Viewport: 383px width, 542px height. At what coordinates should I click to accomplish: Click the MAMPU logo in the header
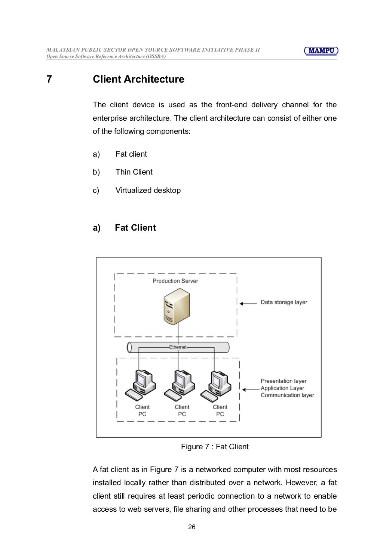[x=321, y=51]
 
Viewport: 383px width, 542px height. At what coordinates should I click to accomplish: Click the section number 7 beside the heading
[x=49, y=79]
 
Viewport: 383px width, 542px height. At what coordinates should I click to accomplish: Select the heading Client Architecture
[x=138, y=79]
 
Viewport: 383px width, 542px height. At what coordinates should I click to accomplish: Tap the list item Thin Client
[x=134, y=172]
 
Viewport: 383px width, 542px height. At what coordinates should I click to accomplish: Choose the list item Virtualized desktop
[x=148, y=190]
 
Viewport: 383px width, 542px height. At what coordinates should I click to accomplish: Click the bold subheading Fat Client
[x=135, y=228]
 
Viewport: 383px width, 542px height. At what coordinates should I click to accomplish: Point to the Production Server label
[x=175, y=281]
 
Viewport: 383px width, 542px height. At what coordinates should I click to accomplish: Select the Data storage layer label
[x=284, y=302]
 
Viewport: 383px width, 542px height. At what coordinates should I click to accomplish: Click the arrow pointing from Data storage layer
[x=248, y=303]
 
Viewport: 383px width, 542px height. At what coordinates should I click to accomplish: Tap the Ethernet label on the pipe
[x=178, y=347]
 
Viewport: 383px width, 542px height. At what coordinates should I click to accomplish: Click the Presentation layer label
[x=284, y=381]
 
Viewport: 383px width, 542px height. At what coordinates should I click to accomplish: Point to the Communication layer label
[x=287, y=395]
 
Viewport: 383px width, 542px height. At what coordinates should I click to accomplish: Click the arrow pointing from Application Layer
[x=250, y=389]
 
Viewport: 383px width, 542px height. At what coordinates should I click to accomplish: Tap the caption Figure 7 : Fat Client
[x=215, y=447]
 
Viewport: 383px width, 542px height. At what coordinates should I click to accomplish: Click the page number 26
[x=191, y=527]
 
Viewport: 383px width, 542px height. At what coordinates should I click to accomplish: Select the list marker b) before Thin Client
[x=96, y=172]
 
